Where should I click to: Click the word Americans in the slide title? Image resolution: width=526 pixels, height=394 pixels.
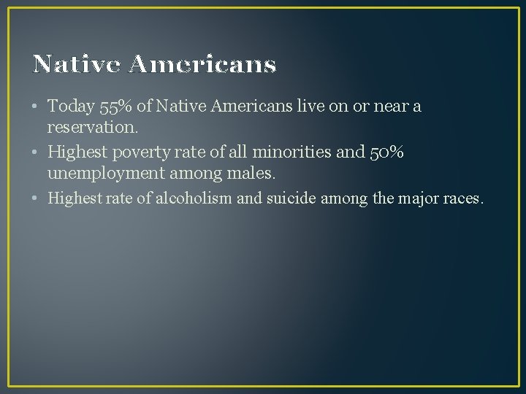click(202, 65)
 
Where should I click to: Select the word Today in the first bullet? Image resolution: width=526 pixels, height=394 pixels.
click(71, 107)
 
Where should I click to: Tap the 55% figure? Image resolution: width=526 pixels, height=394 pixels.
click(115, 107)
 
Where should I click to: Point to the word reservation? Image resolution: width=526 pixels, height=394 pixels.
click(91, 127)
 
